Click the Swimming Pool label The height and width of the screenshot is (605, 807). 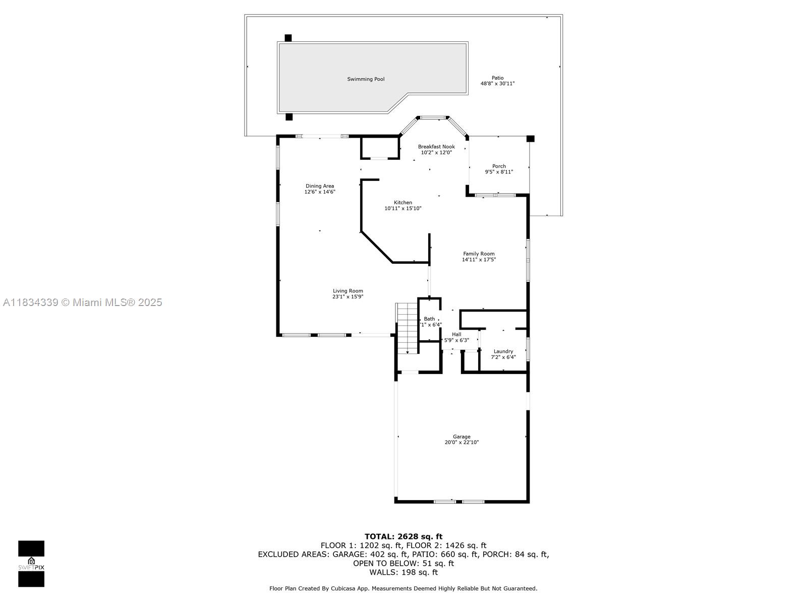[x=366, y=79]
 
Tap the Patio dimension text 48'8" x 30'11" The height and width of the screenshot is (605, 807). [x=497, y=84]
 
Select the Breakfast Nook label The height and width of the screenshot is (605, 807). [x=436, y=147]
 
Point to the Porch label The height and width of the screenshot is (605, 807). [x=499, y=166]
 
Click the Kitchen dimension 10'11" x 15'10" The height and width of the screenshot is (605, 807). [x=402, y=208]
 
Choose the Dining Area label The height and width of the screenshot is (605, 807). [x=319, y=186]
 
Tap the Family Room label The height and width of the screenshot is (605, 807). [x=479, y=254]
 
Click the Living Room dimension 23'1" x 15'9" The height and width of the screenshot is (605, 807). [x=348, y=297]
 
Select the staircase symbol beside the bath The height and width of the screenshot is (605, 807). [x=407, y=328]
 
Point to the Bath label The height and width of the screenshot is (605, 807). [x=429, y=319]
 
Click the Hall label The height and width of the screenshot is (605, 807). [x=456, y=334]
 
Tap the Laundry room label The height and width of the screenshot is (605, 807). [x=503, y=351]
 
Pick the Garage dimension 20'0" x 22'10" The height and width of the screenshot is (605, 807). [x=461, y=443]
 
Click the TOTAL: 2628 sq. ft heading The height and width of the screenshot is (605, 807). [x=403, y=536]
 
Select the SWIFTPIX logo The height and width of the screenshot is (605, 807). [x=31, y=564]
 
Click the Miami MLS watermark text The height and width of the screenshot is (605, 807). [x=83, y=302]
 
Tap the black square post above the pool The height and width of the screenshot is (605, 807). [x=288, y=38]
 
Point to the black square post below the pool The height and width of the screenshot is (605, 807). [x=289, y=117]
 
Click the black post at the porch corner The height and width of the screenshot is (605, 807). [x=530, y=139]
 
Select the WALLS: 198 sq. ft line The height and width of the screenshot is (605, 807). [x=403, y=572]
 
